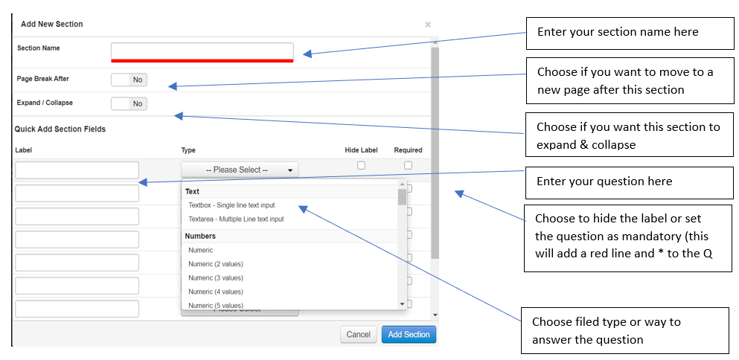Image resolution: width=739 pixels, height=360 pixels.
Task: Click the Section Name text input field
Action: [x=202, y=51]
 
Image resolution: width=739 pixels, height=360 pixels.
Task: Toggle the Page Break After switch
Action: [x=129, y=80]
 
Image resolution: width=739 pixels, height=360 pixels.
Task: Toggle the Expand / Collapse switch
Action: [x=129, y=104]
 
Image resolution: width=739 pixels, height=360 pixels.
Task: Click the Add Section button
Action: [x=409, y=335]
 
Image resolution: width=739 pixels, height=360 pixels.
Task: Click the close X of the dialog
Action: [x=428, y=25]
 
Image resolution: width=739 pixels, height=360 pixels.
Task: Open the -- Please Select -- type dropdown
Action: [x=240, y=170]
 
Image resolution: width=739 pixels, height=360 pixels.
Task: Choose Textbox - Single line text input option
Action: [x=242, y=205]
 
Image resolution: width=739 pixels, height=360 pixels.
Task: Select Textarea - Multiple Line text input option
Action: [x=236, y=219]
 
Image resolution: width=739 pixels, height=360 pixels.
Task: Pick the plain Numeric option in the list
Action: [x=201, y=251]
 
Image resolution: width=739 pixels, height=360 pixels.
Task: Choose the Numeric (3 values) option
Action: [x=216, y=278]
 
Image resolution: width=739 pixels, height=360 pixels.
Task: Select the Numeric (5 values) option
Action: [x=216, y=305]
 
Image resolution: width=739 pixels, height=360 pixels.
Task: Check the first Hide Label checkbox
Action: [x=362, y=165]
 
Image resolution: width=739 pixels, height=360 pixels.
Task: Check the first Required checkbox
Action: [x=408, y=165]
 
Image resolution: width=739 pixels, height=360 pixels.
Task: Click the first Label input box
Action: [x=77, y=170]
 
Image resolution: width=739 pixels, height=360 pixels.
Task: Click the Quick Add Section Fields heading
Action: [x=60, y=129]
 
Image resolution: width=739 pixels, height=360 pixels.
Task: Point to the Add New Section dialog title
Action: [x=52, y=24]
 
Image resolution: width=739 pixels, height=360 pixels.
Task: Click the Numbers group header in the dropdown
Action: [x=200, y=237]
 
